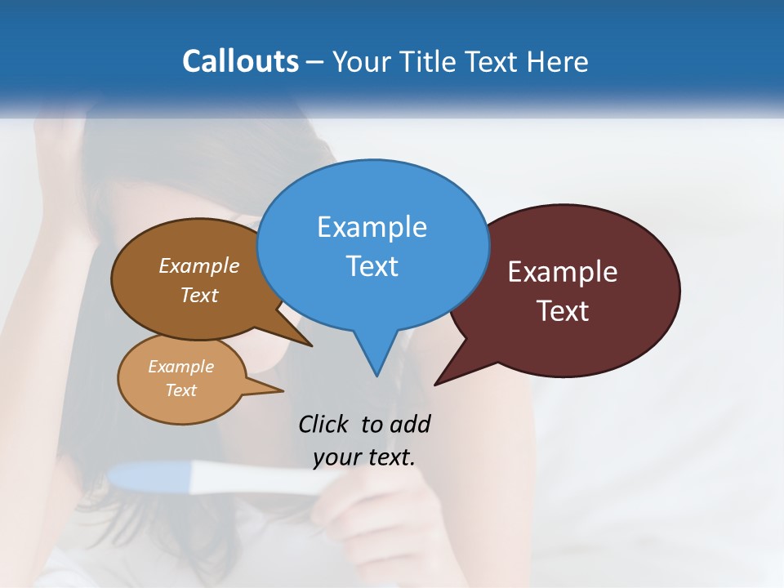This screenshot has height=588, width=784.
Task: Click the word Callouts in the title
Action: coord(240,61)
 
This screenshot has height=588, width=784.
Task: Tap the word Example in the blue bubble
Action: coord(372,227)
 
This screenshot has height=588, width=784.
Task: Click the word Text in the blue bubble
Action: coord(372,266)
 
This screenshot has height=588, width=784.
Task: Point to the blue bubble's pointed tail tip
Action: coord(376,375)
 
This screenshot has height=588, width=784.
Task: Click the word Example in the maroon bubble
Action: coord(563,272)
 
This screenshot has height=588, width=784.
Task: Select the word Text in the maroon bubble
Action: coord(563,311)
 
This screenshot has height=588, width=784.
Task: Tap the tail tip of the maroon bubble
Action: coord(436,384)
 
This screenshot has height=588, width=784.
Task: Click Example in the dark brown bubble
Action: coord(199,265)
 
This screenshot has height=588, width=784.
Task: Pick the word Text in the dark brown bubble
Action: coord(199,295)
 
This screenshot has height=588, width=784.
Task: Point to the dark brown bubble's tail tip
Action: coord(311,345)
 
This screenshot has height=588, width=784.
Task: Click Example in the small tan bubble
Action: coord(180,367)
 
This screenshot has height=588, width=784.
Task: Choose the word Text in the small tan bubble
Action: coord(180,390)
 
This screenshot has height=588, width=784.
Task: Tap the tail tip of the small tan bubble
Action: coord(283,390)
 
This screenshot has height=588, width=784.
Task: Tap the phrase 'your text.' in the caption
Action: coord(363,457)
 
